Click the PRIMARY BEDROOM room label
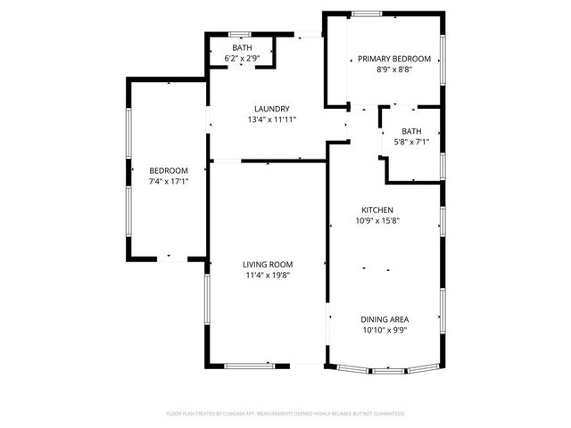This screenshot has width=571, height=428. point(393,59)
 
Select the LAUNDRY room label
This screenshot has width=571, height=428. point(270,109)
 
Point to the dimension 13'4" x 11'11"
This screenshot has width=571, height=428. point(271,119)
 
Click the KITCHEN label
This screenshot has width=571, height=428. point(377,210)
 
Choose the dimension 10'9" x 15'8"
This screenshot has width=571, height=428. point(377,220)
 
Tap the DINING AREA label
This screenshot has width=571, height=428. point(385,319)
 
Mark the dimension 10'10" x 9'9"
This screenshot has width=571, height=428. point(385,330)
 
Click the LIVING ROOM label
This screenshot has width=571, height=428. point(269,264)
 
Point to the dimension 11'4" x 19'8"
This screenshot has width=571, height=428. point(269,275)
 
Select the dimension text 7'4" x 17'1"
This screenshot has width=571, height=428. point(169,181)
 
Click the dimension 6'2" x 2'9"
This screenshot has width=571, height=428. point(242,58)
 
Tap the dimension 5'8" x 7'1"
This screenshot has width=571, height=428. point(411,141)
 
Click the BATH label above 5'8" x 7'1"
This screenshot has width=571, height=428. point(411,131)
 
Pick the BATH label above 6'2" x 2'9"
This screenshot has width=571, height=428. point(242,47)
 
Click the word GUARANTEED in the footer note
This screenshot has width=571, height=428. point(387,414)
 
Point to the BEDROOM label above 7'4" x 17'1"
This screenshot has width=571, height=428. point(169,170)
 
